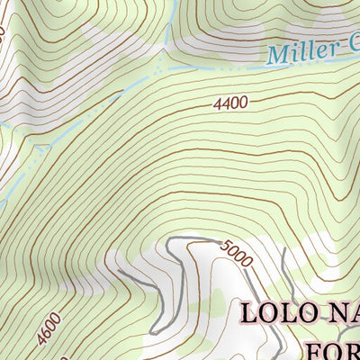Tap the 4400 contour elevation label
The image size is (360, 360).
coord(230,104)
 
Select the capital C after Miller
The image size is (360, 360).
coord(351,47)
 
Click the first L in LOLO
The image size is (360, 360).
coord(250,314)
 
